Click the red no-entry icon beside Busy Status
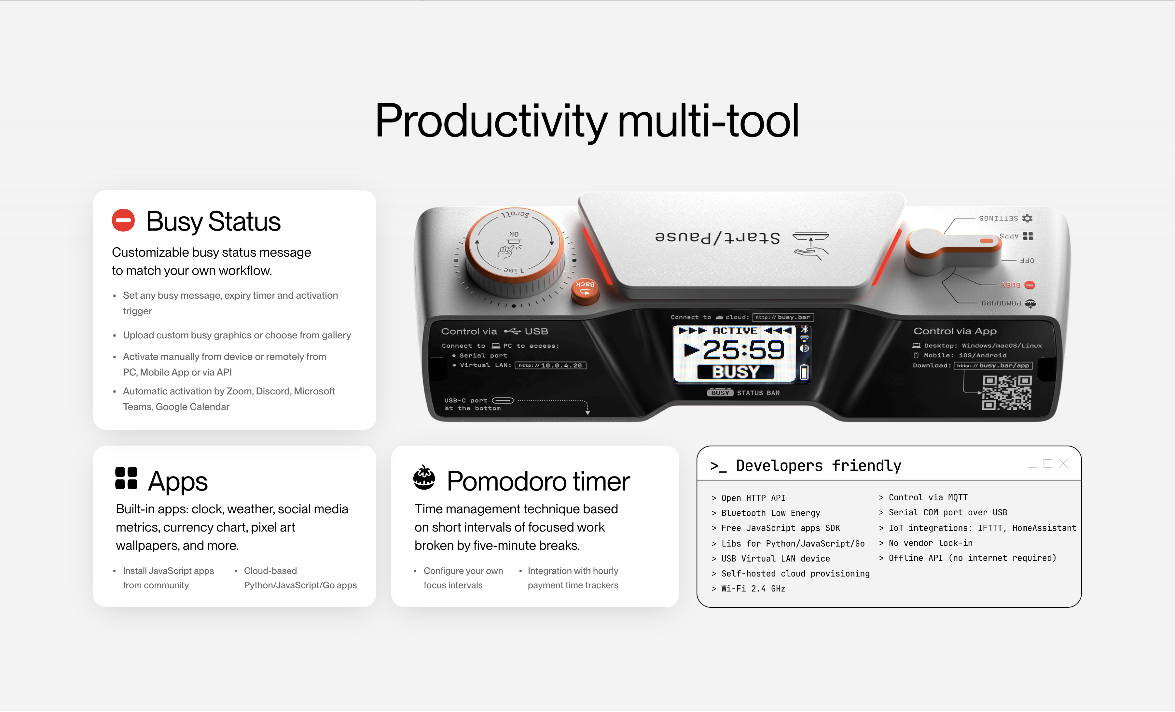pos(123,221)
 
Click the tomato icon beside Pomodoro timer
pos(424,478)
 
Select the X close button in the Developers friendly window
pos(1063,463)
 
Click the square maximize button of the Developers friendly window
pos(1048,463)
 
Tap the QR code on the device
pos(1007,393)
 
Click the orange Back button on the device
pos(585,291)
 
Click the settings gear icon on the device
pos(1027,218)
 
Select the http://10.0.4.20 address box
pos(551,365)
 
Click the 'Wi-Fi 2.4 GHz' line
pos(748,589)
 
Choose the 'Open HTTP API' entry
pos(748,498)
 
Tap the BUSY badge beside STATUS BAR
pos(720,393)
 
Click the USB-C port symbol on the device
pos(503,400)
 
